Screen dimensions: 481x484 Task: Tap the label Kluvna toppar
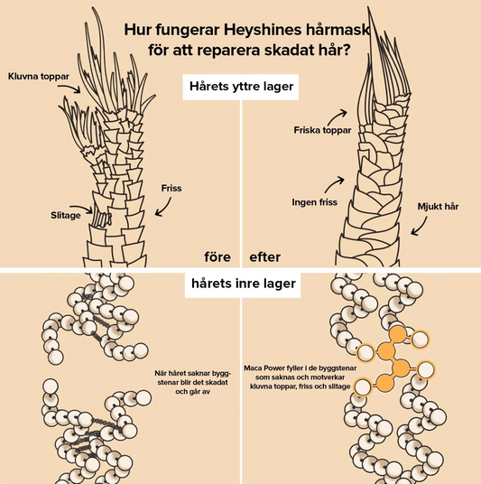[x=39, y=76]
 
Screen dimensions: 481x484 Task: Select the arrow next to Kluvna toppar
[x=69, y=88]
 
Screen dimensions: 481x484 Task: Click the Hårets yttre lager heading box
[x=241, y=87]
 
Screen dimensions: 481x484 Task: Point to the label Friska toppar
[x=322, y=130]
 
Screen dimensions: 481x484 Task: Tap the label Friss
[x=171, y=188]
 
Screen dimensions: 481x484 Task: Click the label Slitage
[x=65, y=215]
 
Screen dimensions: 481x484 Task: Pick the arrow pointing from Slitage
[x=82, y=208]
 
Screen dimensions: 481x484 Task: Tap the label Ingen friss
[x=314, y=202]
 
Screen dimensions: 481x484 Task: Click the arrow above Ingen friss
[x=333, y=184]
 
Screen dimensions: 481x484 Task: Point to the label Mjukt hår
[x=438, y=206]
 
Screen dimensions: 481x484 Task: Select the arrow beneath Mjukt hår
[x=421, y=227]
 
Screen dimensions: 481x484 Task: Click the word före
[x=217, y=256]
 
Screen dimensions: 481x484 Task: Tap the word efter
[x=265, y=256]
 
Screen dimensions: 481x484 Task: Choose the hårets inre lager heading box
[x=243, y=284]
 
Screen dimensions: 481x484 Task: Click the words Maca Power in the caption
[x=262, y=368]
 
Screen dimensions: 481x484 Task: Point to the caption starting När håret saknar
[x=192, y=383]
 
